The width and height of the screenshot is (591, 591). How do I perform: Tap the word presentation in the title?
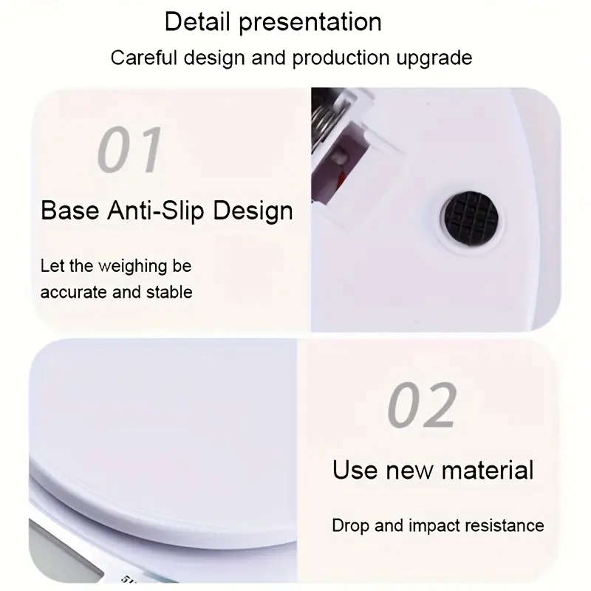[310, 23]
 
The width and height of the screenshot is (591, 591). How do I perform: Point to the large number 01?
[130, 150]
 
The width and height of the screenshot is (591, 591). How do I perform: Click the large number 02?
[423, 406]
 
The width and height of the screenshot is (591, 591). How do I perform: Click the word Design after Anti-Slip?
[253, 211]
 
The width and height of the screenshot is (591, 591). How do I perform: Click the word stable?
[169, 292]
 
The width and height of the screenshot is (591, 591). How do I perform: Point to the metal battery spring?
[326, 118]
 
